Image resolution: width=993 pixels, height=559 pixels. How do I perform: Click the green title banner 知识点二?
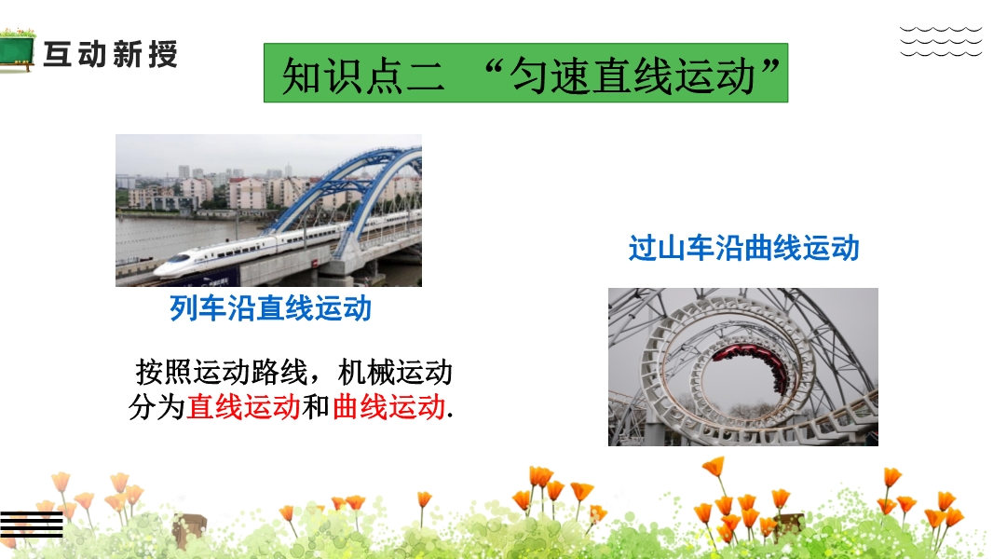click(x=525, y=73)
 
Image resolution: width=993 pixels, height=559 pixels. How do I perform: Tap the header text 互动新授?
click(x=111, y=54)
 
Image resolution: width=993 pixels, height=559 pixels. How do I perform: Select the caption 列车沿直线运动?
click(x=270, y=308)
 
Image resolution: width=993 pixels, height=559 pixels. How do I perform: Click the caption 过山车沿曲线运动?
click(x=743, y=248)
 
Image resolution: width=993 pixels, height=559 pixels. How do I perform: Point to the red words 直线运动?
click(x=243, y=406)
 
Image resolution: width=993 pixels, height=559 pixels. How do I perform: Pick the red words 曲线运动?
click(x=388, y=406)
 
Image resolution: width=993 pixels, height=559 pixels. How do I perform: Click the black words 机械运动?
click(x=395, y=373)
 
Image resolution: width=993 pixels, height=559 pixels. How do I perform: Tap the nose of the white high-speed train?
click(x=159, y=270)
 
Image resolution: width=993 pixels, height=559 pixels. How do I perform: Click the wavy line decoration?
click(x=941, y=41)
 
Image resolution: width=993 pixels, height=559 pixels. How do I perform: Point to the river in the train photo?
click(x=184, y=238)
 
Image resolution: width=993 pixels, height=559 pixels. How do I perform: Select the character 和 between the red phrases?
click(x=316, y=406)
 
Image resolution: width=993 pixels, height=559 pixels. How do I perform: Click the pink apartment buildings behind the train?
click(x=247, y=193)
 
